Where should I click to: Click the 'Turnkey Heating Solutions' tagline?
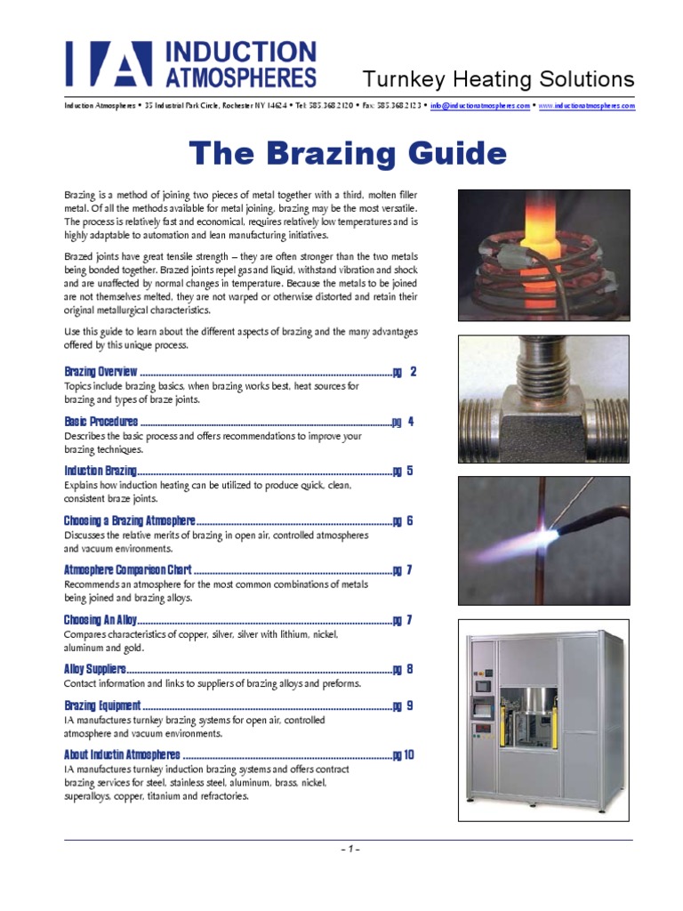pyautogui.click(x=498, y=78)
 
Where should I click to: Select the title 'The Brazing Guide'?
pyautogui.click(x=348, y=153)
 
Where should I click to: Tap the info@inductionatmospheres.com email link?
pyautogui.click(x=480, y=105)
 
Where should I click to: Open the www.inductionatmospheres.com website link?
pyautogui.click(x=586, y=105)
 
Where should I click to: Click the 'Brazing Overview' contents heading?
pyautogui.click(x=101, y=371)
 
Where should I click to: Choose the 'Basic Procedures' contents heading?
pyautogui.click(x=101, y=422)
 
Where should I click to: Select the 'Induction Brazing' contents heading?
pyautogui.click(x=100, y=472)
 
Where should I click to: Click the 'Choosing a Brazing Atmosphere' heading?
pyautogui.click(x=129, y=521)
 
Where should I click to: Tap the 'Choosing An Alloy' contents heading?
pyautogui.click(x=101, y=620)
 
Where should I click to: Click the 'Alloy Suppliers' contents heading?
pyautogui.click(x=95, y=669)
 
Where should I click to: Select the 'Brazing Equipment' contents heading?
pyautogui.click(x=102, y=705)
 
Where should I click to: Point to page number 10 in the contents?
pyautogui.click(x=409, y=755)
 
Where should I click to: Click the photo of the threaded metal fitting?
pyautogui.click(x=543, y=386)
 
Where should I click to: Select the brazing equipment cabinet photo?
pyautogui.click(x=543, y=720)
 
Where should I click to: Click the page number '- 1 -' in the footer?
pyautogui.click(x=349, y=850)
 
